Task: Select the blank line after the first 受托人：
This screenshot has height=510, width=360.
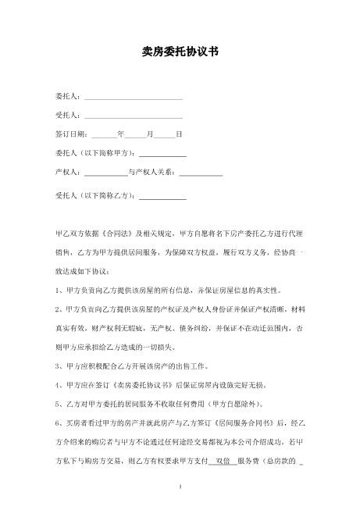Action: pos(133,116)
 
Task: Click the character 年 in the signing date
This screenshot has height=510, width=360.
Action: pos(120,134)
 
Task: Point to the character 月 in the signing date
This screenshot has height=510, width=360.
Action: pos(150,134)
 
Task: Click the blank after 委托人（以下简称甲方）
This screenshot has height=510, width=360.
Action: pos(162,154)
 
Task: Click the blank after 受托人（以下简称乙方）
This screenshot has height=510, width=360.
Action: pos(162,198)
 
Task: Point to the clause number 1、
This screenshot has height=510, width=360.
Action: pos(59,290)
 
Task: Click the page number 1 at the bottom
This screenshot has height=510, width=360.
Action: pos(180,486)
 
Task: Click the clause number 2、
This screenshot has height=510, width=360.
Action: pos(59,309)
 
